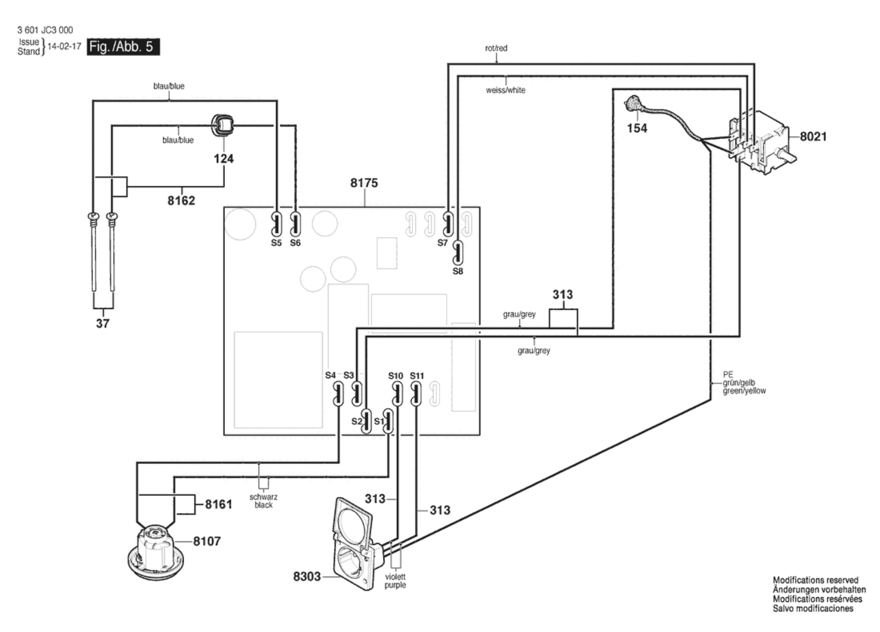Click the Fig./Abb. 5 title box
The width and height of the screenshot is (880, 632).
[x=123, y=47]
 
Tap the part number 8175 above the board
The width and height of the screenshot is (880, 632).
[x=364, y=183]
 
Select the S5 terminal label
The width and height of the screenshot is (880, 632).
[x=276, y=243]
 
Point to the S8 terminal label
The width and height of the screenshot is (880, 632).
[x=458, y=271]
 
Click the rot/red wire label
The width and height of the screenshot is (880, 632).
[x=496, y=48]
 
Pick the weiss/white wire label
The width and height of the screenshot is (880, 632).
[x=506, y=90]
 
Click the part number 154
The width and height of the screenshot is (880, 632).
[x=637, y=128]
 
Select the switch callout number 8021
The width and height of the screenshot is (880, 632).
[x=813, y=136]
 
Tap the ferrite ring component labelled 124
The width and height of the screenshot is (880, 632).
[x=222, y=124]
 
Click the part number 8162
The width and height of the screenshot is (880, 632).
[x=181, y=201]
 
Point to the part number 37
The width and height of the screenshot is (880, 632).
[x=103, y=323]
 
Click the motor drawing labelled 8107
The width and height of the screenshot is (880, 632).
[x=155, y=551]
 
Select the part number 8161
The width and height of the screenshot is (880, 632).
[x=219, y=505]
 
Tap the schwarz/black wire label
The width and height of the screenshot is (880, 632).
[x=264, y=501]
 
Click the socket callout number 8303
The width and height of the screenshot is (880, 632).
[x=307, y=576]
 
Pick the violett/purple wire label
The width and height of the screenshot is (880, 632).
[x=395, y=581]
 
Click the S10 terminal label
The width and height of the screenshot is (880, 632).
[x=396, y=376]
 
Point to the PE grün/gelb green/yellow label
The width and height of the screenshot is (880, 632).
[x=744, y=383]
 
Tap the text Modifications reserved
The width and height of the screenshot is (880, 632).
[x=815, y=580]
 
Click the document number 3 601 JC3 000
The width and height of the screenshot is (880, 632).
[x=45, y=30]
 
